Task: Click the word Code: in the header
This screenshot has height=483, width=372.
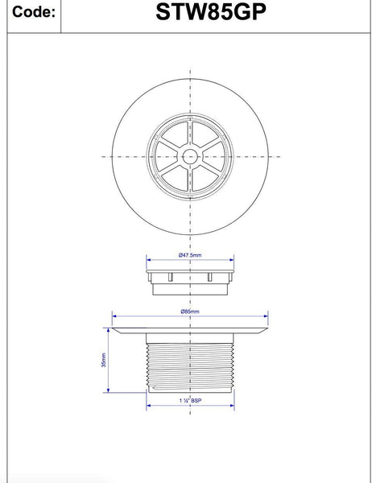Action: point(34,12)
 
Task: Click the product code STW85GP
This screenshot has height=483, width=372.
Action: point(211,12)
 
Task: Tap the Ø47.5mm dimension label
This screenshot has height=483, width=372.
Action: point(190,255)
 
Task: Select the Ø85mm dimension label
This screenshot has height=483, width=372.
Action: point(190,312)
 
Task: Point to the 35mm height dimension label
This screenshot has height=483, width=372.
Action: point(104,360)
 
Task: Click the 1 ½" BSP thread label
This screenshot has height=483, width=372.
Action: point(190,400)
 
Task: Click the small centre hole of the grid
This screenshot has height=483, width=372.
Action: point(190,157)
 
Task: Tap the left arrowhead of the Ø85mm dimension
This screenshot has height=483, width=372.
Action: point(114,316)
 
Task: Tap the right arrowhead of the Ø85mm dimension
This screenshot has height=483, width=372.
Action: point(266,316)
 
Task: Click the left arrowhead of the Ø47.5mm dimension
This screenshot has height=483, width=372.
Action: point(149,260)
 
